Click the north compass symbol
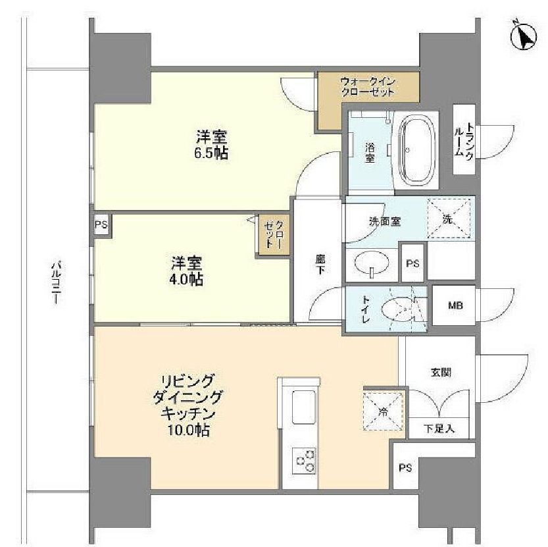coord(524,37)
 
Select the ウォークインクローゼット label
coord(368,87)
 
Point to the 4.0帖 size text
coord(187,279)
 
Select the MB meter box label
coord(455,306)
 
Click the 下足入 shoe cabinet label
coord(437,429)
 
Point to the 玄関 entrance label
coord(441,372)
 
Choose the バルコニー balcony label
coord(57,282)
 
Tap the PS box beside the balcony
coord(101,225)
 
